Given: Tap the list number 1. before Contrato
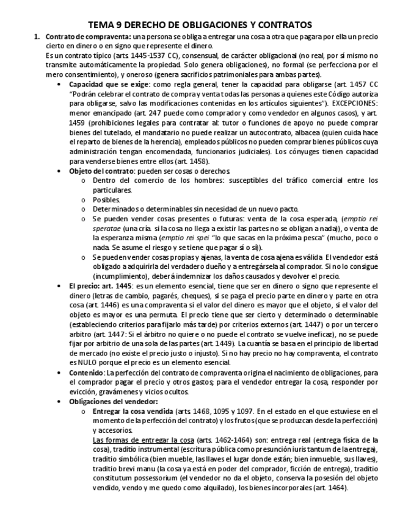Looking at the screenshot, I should pyautogui.click(x=37, y=37).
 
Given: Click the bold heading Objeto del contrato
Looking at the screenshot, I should pyautogui.click(x=100, y=171).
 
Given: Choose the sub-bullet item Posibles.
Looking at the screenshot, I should pyautogui.click(x=106, y=199).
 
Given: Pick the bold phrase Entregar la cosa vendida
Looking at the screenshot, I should pyautogui.click(x=133, y=412).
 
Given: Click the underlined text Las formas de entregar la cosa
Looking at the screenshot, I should pyautogui.click(x=143, y=440).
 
